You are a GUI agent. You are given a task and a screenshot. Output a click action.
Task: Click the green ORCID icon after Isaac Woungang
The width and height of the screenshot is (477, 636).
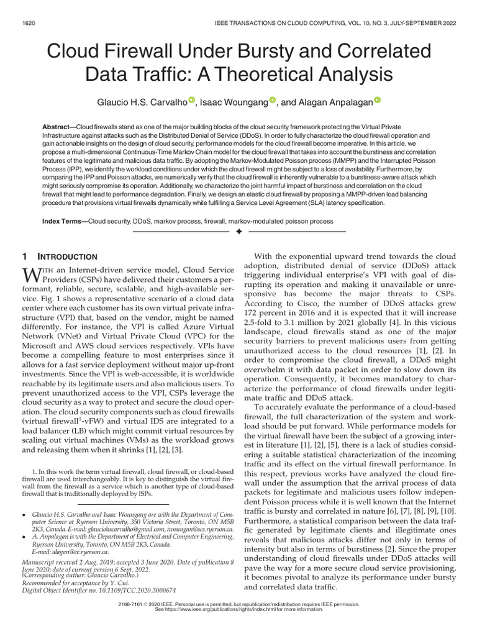pos(273,101)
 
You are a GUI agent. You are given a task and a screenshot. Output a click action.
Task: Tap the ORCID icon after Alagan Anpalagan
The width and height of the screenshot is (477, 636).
pos(377,101)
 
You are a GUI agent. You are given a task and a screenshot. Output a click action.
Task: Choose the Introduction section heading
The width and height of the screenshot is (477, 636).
pos(66,256)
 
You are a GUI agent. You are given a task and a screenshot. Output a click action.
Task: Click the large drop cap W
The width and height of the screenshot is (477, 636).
pos(31,274)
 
